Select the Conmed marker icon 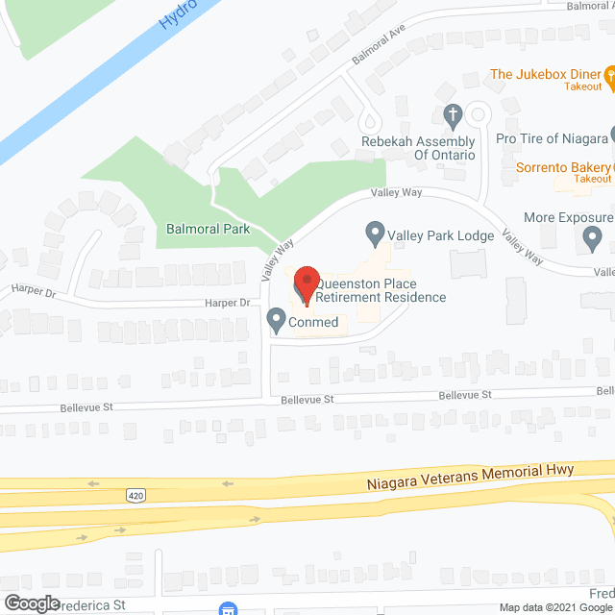pos(277,316)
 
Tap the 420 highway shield pos(135,495)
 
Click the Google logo pos(31,603)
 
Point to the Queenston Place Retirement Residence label pos(381,289)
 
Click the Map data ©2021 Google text pos(553,606)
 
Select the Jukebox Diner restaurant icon pos(608,74)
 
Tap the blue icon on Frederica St pos(229,608)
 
